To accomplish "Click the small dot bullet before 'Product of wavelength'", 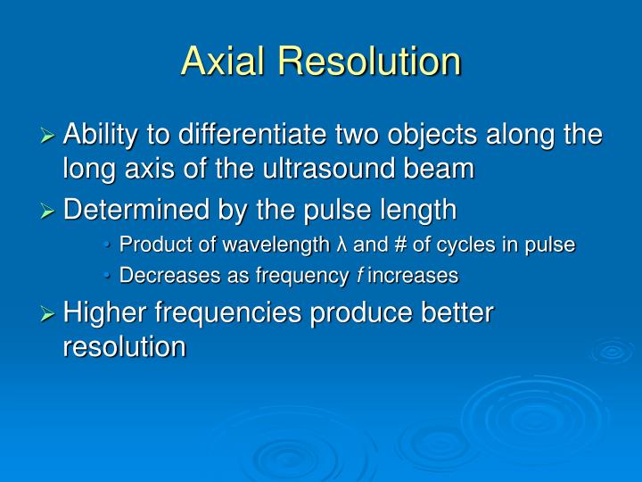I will pyautogui.click(x=109, y=245).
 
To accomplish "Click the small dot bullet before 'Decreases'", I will pyautogui.click(x=109, y=277).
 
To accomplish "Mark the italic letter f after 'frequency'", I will pyautogui.click(x=358, y=276).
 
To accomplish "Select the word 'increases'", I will pyautogui.click(x=413, y=276).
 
